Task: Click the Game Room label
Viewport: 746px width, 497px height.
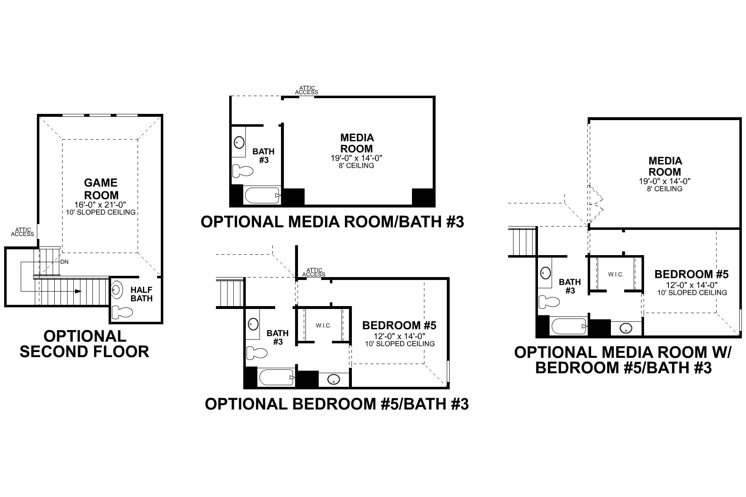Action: (101, 189)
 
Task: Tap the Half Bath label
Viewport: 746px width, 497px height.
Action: (141, 294)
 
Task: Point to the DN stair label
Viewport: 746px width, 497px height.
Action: (64, 262)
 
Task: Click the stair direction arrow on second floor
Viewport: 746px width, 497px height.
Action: (77, 291)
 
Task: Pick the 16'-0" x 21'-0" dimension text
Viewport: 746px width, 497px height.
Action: (101, 205)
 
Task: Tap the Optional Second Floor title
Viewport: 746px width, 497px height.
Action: (85, 344)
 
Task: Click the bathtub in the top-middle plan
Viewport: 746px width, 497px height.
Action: (262, 195)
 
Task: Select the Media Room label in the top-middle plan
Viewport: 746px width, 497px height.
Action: (356, 143)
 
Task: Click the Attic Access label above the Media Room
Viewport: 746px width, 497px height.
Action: (306, 90)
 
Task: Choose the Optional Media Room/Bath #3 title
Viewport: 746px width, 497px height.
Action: (332, 222)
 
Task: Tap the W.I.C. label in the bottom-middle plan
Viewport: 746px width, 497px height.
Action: (323, 326)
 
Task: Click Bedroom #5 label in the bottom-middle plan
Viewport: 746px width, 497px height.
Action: (399, 325)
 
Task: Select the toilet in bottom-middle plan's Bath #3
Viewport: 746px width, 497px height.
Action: (256, 353)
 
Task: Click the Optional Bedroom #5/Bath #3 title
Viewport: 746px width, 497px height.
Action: (337, 404)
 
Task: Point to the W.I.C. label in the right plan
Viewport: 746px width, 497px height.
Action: (616, 274)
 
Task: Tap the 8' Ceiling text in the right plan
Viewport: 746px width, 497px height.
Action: (664, 189)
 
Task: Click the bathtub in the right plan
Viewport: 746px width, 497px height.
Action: (568, 326)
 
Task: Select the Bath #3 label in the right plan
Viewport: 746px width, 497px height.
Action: (570, 286)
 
